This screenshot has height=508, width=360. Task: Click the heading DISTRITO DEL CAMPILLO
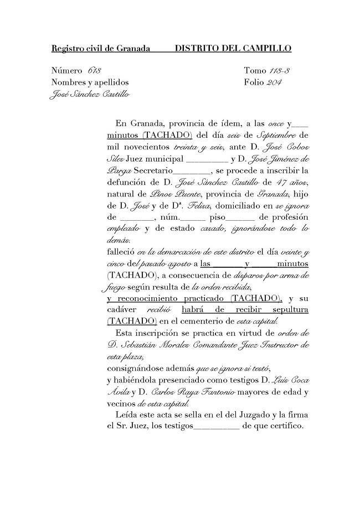[233, 49]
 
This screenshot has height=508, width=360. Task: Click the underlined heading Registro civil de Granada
[101, 49]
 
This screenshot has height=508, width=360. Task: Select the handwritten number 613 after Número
[94, 71]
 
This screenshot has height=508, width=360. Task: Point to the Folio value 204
[274, 82]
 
